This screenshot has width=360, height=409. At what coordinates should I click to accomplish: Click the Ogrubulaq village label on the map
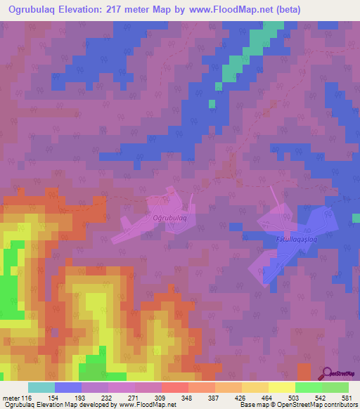point(169,218)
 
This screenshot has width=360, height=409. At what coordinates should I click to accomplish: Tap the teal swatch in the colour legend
point(41,387)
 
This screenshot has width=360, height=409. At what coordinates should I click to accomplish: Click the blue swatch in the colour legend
point(68,387)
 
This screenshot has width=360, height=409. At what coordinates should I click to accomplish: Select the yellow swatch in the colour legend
point(281,387)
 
